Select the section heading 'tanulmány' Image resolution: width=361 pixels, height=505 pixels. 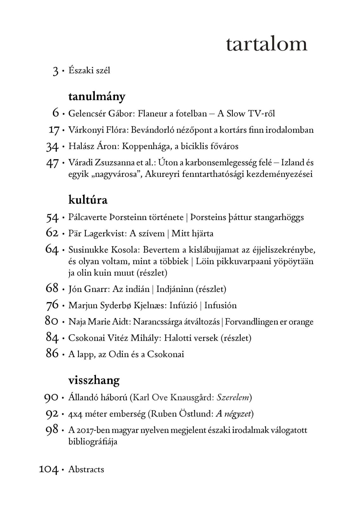click(x=97, y=97)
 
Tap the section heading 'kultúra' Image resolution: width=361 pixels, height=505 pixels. click(x=88, y=200)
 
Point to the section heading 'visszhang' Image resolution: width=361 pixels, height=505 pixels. click(x=94, y=380)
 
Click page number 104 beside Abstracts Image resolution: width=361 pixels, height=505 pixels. click(x=48, y=470)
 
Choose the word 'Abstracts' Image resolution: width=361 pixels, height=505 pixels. click(x=86, y=469)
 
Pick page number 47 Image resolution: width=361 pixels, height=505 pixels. click(x=52, y=163)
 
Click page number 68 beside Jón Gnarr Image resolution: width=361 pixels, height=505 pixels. click(x=52, y=289)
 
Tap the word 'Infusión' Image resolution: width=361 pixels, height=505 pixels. click(x=220, y=305)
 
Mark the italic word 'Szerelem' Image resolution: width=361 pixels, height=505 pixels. click(x=233, y=397)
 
